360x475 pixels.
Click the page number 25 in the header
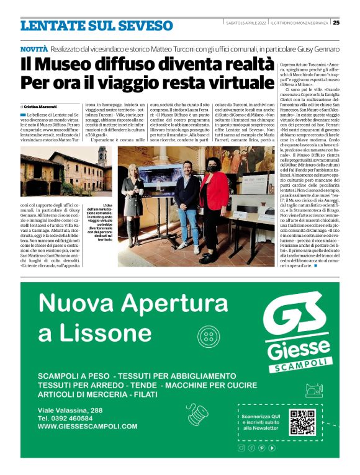pyautogui.click(x=336, y=23)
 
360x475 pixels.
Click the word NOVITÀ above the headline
pyautogui.click(x=34, y=48)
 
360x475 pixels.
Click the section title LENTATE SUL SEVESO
pyautogui.click(x=96, y=26)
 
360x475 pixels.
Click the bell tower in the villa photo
pyautogui.click(x=102, y=156)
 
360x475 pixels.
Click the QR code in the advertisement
pyautogui.click(x=302, y=423)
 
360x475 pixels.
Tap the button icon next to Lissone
pyautogui.click(x=209, y=337)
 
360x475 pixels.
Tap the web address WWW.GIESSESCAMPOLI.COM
pyautogui.click(x=88, y=427)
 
